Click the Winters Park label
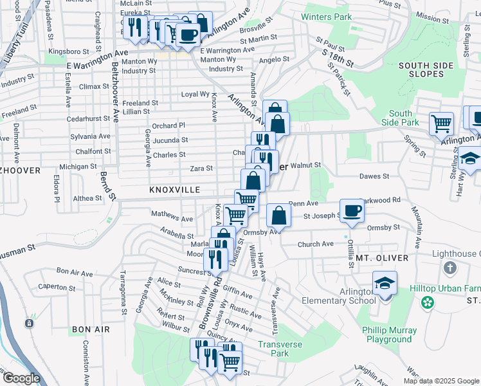coord(327,17)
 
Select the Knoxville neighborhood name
coord(174,190)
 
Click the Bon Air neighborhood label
coord(91,329)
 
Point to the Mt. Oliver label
coord(382,258)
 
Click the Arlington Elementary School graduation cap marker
coord(385,284)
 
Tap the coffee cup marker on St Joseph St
coord(352,211)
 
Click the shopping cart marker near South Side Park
coord(441,122)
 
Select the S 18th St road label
coord(338,59)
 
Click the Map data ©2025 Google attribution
coord(441,381)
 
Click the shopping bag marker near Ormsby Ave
coord(278,216)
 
